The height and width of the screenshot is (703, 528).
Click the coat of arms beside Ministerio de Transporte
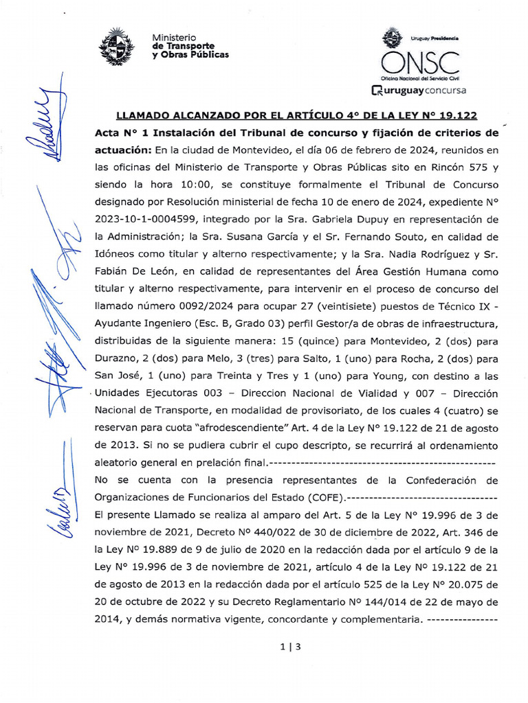[x=116, y=46]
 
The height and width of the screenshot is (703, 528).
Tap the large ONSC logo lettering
[x=420, y=62]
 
